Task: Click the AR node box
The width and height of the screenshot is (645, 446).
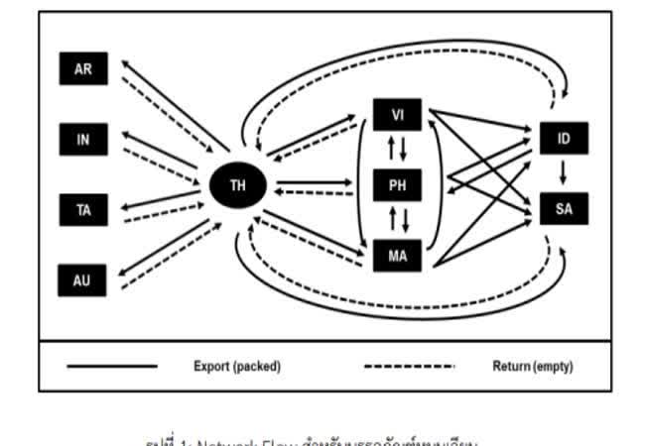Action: pyautogui.click(x=83, y=70)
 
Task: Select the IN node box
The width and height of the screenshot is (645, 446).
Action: pyautogui.click(x=83, y=140)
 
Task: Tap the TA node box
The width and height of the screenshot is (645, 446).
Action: pyautogui.click(x=83, y=209)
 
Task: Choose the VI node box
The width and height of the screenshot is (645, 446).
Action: pyautogui.click(x=397, y=115)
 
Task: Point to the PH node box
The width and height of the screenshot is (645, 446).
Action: pyautogui.click(x=397, y=184)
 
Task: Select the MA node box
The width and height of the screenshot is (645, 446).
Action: pyautogui.click(x=397, y=256)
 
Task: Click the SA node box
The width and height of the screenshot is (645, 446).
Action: pyautogui.click(x=564, y=209)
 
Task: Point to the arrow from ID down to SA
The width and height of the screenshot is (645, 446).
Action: pyautogui.click(x=564, y=173)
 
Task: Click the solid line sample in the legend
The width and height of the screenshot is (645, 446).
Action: pyautogui.click(x=111, y=367)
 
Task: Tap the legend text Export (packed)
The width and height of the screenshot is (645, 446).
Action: pyautogui.click(x=237, y=367)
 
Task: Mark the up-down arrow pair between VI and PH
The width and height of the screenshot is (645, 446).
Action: pyautogui.click(x=397, y=150)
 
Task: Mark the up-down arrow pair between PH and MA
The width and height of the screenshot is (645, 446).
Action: pyautogui.click(x=397, y=220)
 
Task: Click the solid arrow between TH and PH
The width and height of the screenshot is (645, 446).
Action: pyautogui.click(x=314, y=181)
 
